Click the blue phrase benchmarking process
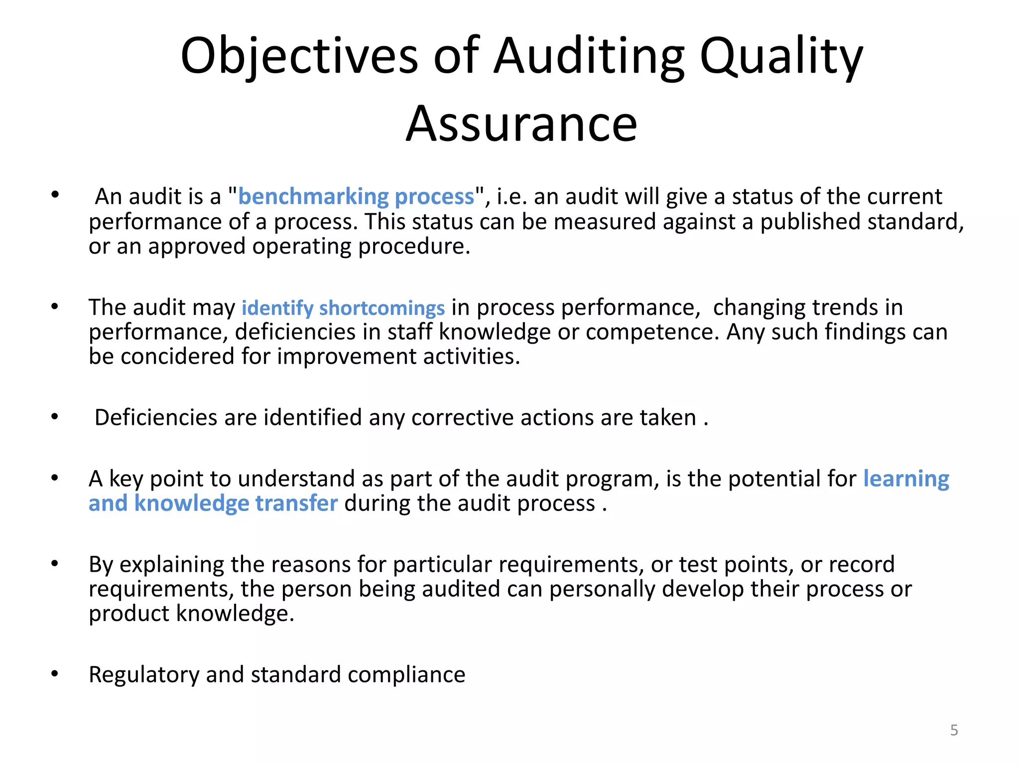click(x=356, y=197)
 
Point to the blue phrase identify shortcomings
click(x=343, y=308)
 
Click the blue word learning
click(x=906, y=479)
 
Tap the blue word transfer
click(x=296, y=503)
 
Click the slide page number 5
click(x=954, y=730)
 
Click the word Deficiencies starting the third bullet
click(x=156, y=417)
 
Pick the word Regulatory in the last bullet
click(x=144, y=675)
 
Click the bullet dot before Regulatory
click(x=55, y=674)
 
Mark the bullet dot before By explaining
click(x=55, y=564)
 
